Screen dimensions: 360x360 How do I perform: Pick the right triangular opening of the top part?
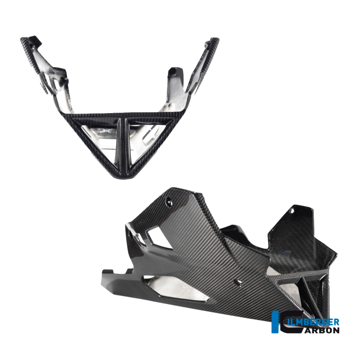tap(147, 138)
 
